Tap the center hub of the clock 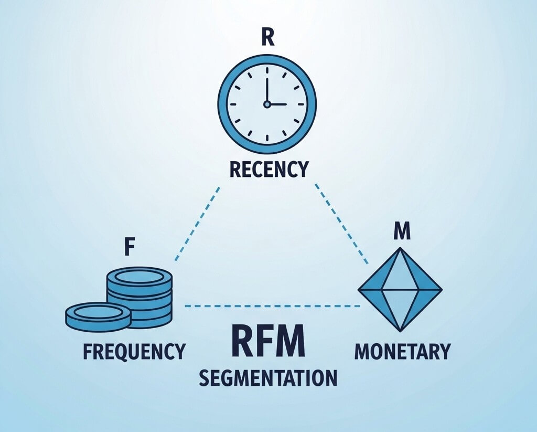pyautogui.click(x=267, y=104)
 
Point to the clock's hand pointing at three pyautogui.click(x=277, y=104)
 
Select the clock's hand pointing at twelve pyautogui.click(x=267, y=91)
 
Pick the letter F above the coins pyautogui.click(x=127, y=248)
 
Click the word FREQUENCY pyautogui.click(x=134, y=351)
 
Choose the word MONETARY pyautogui.click(x=402, y=351)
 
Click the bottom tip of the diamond pyautogui.click(x=400, y=330)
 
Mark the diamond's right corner pyautogui.click(x=441, y=290)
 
